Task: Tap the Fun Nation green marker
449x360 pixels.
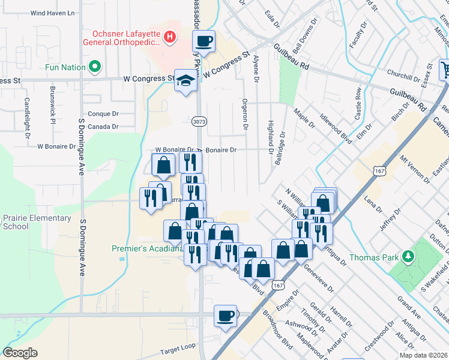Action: click(x=94, y=67)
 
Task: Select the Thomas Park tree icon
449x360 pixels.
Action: click(x=408, y=257)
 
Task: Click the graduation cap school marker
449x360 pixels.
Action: click(x=186, y=82)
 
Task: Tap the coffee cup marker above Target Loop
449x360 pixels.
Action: click(x=226, y=315)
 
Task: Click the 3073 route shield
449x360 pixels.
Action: click(x=199, y=121)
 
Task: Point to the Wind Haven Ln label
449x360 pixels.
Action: click(x=52, y=13)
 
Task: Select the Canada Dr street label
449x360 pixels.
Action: click(x=103, y=127)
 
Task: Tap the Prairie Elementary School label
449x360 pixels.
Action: click(x=36, y=222)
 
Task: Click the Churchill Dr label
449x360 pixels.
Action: click(x=403, y=77)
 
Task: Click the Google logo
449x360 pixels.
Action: click(x=20, y=353)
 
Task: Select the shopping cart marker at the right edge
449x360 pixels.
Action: click(x=445, y=69)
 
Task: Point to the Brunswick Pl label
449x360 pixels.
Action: click(x=53, y=112)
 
